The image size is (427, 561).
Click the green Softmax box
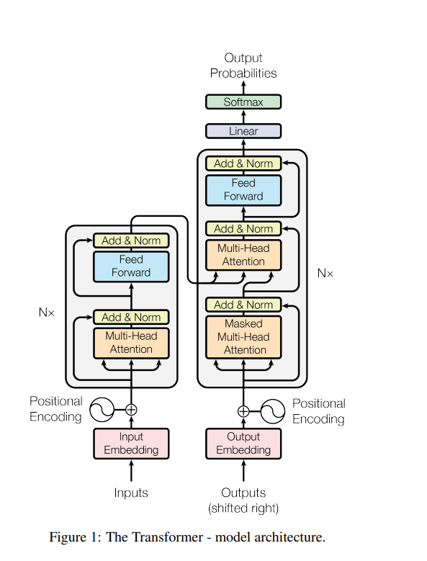point(243,102)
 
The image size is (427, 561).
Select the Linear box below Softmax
point(243,131)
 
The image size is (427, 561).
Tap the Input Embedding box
point(131,443)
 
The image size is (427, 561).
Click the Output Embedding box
point(243,443)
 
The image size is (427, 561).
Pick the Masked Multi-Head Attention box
point(243,336)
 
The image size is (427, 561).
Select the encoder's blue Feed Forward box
point(131,266)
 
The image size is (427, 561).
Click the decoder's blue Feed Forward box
point(243,189)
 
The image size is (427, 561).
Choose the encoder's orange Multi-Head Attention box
point(131,342)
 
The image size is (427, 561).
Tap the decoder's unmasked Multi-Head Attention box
point(243,254)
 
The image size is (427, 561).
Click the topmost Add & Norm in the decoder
point(243,163)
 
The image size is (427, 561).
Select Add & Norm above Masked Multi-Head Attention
point(243,305)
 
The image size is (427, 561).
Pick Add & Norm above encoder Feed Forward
point(131,241)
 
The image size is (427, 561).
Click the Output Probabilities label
point(243,65)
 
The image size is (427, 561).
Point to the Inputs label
point(131,493)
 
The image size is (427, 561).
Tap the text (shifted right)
point(243,508)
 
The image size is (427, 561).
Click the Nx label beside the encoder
point(47,313)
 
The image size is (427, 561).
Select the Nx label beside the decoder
point(325,273)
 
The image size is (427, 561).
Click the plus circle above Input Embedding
point(131,410)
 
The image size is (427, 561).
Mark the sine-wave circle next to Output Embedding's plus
point(272,411)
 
